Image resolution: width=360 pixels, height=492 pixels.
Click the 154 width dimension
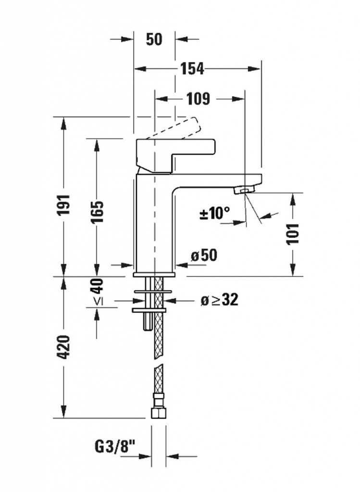[192, 69]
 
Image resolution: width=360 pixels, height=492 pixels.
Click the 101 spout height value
[293, 234]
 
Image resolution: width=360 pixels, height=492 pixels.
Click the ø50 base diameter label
[204, 256]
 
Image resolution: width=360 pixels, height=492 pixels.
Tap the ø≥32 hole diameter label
[219, 300]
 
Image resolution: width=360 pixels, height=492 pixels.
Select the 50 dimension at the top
[154, 39]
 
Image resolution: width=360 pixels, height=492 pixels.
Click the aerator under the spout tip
[243, 191]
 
